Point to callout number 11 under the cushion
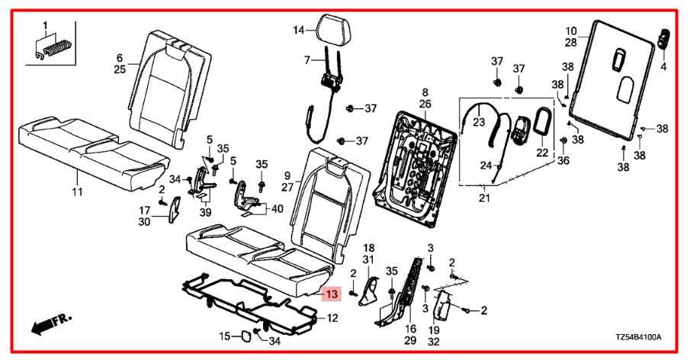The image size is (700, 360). pyautogui.click(x=77, y=191)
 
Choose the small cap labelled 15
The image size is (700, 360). pyautogui.click(x=248, y=335)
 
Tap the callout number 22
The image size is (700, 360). pyautogui.click(x=542, y=153)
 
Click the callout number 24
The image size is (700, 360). pyautogui.click(x=484, y=165)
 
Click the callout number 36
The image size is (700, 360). pyautogui.click(x=564, y=160)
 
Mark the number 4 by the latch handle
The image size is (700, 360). pyautogui.click(x=663, y=67)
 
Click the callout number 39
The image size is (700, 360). pyautogui.click(x=204, y=211)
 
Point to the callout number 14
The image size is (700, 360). pyautogui.click(x=299, y=31)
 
